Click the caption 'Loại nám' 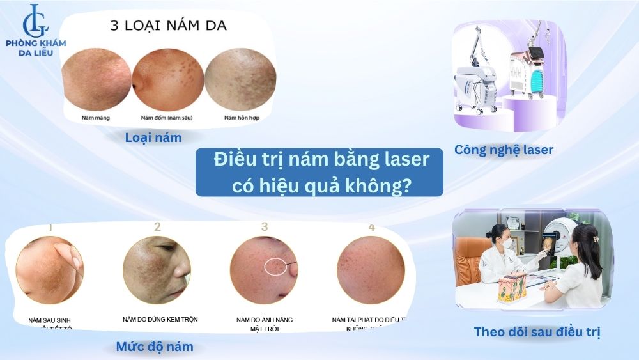[x=153, y=137]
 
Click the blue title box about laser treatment [x=319, y=172]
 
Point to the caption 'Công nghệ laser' [x=504, y=150]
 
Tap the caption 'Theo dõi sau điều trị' [x=537, y=332]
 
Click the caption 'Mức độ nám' [x=155, y=347]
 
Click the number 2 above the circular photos [x=157, y=227]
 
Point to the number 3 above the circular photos [x=265, y=227]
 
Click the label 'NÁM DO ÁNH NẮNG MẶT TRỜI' [x=263, y=323]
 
